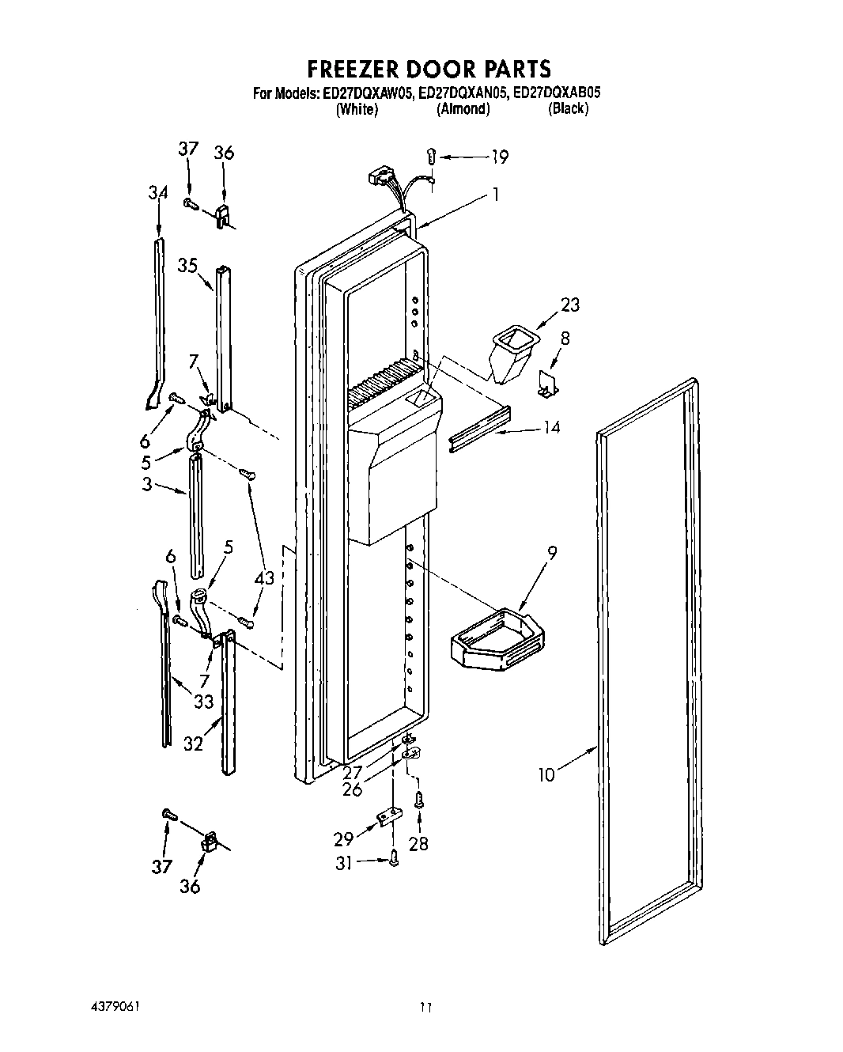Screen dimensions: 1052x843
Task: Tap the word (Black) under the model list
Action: [x=568, y=109]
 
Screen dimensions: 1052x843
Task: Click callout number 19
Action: [x=499, y=157]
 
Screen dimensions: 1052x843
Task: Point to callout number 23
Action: [x=569, y=305]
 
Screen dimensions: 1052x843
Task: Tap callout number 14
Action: [x=551, y=427]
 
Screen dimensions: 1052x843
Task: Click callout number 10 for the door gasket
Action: [x=546, y=774]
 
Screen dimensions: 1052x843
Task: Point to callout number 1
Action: [x=495, y=194]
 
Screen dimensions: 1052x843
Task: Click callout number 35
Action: [x=187, y=266]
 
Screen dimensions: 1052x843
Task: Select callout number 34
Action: [x=158, y=192]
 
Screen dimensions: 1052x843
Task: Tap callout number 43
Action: [x=264, y=578]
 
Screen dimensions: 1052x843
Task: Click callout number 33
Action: [x=204, y=701]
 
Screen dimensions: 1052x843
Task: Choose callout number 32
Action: [x=194, y=744]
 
